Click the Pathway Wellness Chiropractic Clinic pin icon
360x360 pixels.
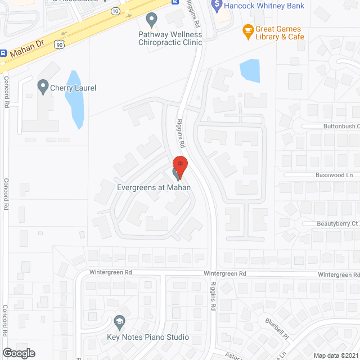click(151, 20)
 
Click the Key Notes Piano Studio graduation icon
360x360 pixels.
click(119, 322)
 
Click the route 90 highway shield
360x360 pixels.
click(59, 43)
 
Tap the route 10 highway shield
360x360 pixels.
click(115, 11)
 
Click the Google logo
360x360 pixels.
click(18, 353)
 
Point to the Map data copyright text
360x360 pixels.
click(336, 355)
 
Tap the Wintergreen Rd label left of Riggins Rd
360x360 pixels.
click(112, 273)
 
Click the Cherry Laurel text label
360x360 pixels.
click(74, 88)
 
